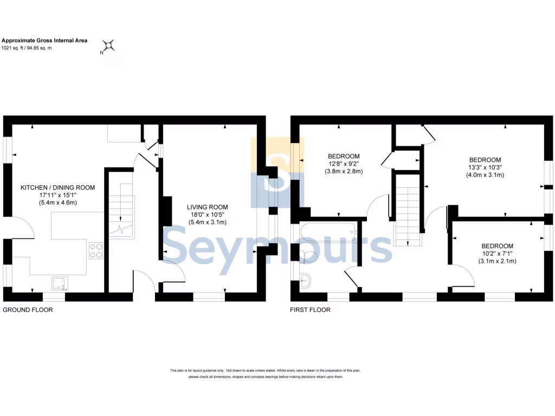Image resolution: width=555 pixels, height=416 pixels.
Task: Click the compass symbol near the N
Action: [109, 45]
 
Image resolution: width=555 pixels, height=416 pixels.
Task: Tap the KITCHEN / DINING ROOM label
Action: [57, 187]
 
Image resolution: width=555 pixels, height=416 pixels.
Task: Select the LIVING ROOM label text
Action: [207, 207]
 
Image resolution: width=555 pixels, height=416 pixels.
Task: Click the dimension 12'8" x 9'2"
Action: [343, 164]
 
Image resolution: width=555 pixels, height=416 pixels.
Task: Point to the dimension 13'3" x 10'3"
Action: [485, 167]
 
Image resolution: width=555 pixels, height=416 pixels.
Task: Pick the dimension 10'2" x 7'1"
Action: [497, 253]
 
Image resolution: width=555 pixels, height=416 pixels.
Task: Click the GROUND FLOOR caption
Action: [28, 310]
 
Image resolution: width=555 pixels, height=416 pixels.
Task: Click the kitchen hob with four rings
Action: [96, 250]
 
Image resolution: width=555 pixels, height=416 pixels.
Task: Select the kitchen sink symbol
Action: [60, 283]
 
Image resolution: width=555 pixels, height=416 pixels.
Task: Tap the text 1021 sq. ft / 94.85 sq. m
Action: [27, 48]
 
